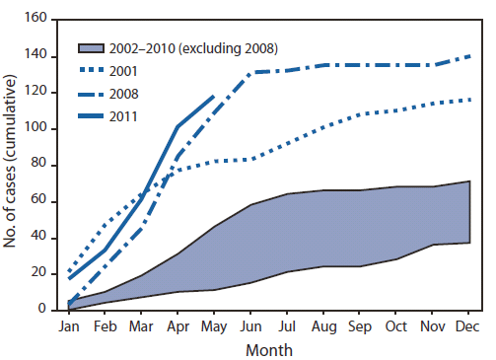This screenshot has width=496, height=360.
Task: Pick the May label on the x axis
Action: (x=213, y=324)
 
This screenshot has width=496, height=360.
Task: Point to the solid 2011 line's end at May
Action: (x=213, y=96)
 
